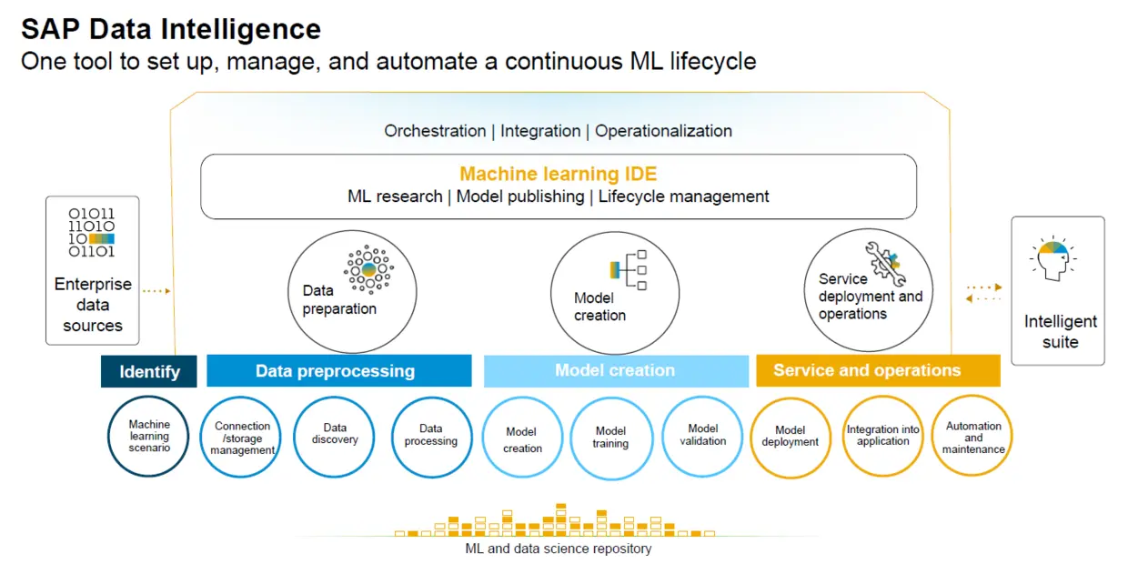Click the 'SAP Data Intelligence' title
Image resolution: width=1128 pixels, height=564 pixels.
[171, 29]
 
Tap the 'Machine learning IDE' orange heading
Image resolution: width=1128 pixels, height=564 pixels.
[558, 174]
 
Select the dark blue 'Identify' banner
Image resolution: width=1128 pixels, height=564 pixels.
[148, 371]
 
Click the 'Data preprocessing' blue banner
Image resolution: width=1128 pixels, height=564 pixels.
[339, 370]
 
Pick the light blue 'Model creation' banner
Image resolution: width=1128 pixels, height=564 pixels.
[616, 370]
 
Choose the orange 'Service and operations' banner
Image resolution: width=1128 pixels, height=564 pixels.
[878, 370]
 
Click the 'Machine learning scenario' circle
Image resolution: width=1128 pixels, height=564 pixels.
[148, 436]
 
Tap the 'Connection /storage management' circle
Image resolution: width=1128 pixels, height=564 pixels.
[241, 437]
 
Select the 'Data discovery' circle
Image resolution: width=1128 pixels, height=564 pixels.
[335, 437]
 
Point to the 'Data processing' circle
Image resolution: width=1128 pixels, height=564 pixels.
[431, 437]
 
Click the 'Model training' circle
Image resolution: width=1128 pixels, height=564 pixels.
[610, 438]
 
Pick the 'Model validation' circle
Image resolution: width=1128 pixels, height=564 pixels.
[702, 437]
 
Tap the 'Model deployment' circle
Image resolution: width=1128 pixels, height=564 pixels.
[791, 437]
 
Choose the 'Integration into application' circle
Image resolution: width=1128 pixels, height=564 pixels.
[882, 436]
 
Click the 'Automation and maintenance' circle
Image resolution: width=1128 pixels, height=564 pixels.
[972, 436]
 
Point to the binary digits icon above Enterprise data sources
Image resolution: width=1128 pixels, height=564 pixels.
[92, 232]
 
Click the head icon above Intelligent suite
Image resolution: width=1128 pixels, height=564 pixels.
[1053, 257]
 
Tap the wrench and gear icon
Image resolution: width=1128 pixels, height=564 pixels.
[885, 264]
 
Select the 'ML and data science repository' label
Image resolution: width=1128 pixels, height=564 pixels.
[558, 549]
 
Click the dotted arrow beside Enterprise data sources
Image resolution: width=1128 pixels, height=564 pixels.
[156, 291]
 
